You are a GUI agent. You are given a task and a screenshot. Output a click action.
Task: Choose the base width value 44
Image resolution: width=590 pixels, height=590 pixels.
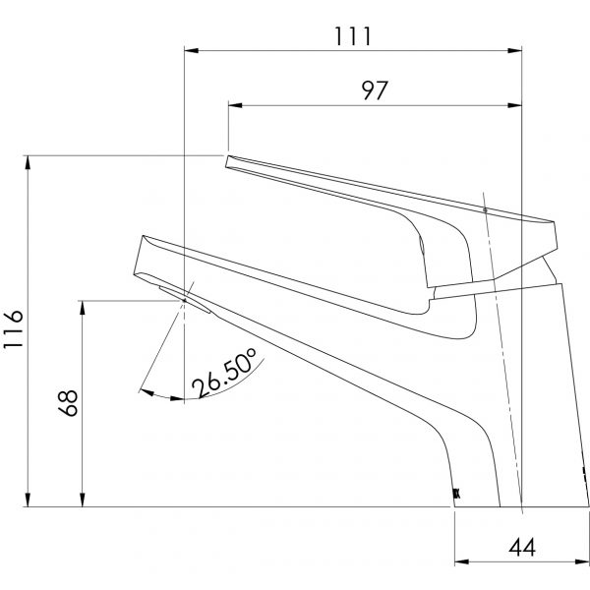pyautogui.click(x=520, y=548)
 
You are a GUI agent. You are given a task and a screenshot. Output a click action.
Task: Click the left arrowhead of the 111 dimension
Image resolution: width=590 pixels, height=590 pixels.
pyautogui.click(x=192, y=48)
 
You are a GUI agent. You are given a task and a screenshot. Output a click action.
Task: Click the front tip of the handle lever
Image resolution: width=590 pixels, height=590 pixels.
pyautogui.click(x=228, y=160)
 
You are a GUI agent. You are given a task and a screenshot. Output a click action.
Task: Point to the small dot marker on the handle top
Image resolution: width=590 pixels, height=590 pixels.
pyautogui.click(x=485, y=209)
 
